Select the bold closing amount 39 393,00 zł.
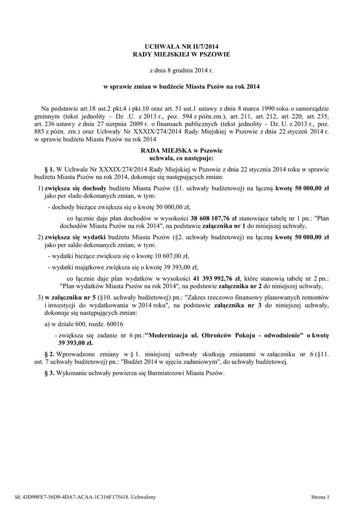pyautogui.click(x=75, y=343)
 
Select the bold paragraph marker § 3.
pyautogui.click(x=49, y=373)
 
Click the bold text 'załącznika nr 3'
pyautogui.click(x=235, y=307)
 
